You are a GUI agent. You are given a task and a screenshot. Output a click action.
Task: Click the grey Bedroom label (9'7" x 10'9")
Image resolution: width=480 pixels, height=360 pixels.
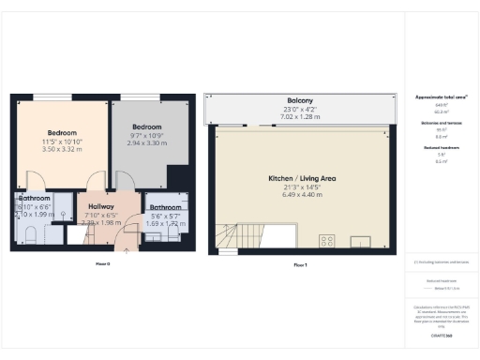pyautogui.click(x=146, y=127)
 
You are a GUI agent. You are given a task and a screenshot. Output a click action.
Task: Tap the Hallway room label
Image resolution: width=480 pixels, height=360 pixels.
pyautogui.click(x=101, y=206)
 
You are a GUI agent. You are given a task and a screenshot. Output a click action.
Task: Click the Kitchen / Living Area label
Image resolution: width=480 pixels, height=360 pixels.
pyautogui.click(x=300, y=178)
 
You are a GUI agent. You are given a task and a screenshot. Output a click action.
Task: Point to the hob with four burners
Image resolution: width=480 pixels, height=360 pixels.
pyautogui.click(x=327, y=241)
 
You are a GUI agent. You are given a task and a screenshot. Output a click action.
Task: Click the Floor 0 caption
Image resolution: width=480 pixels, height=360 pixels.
pyautogui.click(x=103, y=264)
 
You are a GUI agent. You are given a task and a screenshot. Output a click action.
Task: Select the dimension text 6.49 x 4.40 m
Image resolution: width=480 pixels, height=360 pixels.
pyautogui.click(x=300, y=196)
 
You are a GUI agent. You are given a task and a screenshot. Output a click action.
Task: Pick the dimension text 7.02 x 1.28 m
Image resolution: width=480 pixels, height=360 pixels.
pyautogui.click(x=300, y=117)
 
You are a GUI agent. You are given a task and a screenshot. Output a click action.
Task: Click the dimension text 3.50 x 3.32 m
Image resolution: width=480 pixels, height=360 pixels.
pyautogui.click(x=63, y=150)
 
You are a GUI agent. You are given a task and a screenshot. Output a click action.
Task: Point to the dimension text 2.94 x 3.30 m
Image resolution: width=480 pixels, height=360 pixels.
pyautogui.click(x=146, y=143)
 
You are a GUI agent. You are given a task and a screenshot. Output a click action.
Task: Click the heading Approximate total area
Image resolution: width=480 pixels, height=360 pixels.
pyautogui.click(x=441, y=97)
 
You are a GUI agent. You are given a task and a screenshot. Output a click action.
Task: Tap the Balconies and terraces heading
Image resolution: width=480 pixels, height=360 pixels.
pyautogui.click(x=441, y=122)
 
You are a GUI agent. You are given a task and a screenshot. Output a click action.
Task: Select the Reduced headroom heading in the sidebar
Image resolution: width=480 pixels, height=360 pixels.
pyautogui.click(x=441, y=147)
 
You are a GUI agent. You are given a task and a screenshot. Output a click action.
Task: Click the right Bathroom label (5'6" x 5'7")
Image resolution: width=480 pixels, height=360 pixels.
pyautogui.click(x=167, y=207)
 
